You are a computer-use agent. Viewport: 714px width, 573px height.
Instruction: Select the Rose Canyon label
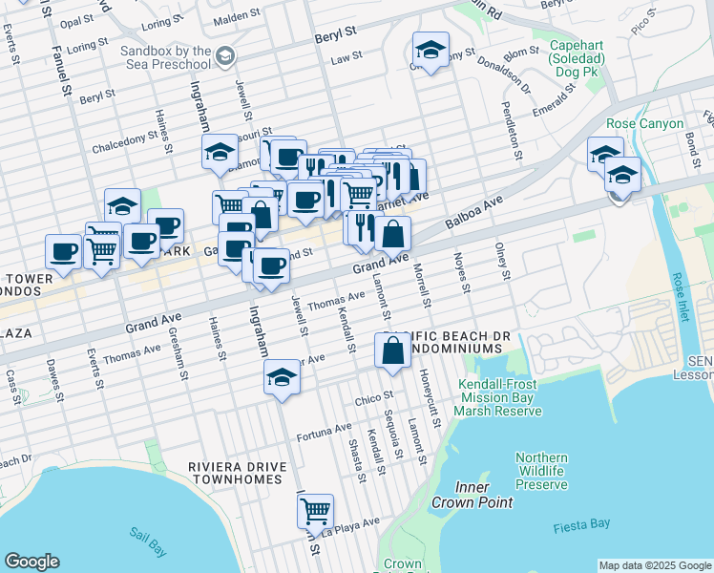tap(645, 124)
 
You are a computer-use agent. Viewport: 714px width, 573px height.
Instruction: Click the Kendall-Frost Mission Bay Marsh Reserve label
tap(498, 397)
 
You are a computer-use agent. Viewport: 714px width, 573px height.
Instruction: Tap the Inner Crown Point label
tap(472, 495)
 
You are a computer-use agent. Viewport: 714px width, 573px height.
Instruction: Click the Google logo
tap(32, 562)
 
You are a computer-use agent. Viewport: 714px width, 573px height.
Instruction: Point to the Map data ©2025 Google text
tap(654, 565)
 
